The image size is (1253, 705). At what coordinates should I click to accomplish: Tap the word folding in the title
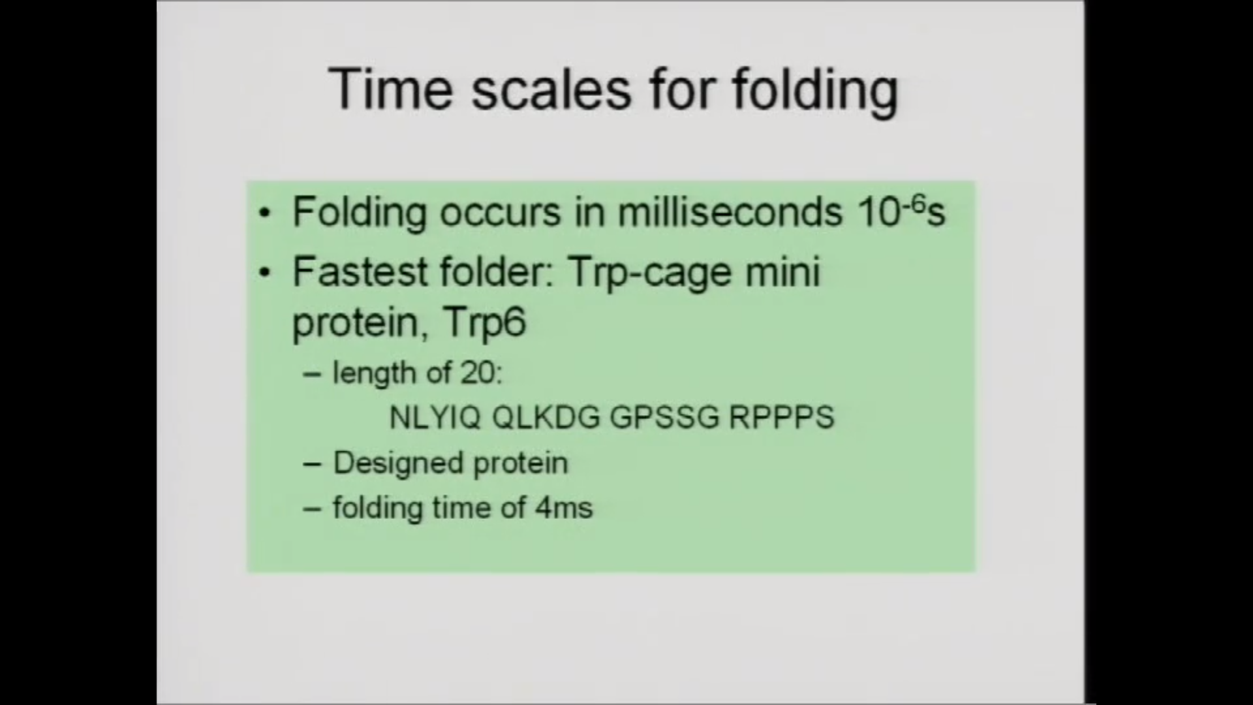(815, 91)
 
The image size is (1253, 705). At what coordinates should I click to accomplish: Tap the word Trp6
(484, 323)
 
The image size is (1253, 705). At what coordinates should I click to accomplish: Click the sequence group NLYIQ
(435, 417)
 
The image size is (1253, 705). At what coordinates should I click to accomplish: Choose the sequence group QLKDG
(546, 417)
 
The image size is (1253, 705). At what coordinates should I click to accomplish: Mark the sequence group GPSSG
(664, 417)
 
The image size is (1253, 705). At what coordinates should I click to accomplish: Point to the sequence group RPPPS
(782, 417)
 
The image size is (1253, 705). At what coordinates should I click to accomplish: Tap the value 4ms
(564, 508)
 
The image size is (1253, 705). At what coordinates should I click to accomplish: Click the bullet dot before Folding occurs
(264, 213)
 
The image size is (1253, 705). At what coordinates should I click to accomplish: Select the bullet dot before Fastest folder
(264, 273)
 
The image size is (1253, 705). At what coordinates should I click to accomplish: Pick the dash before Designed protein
(313, 465)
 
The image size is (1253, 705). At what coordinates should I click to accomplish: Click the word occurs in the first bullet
(500, 212)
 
